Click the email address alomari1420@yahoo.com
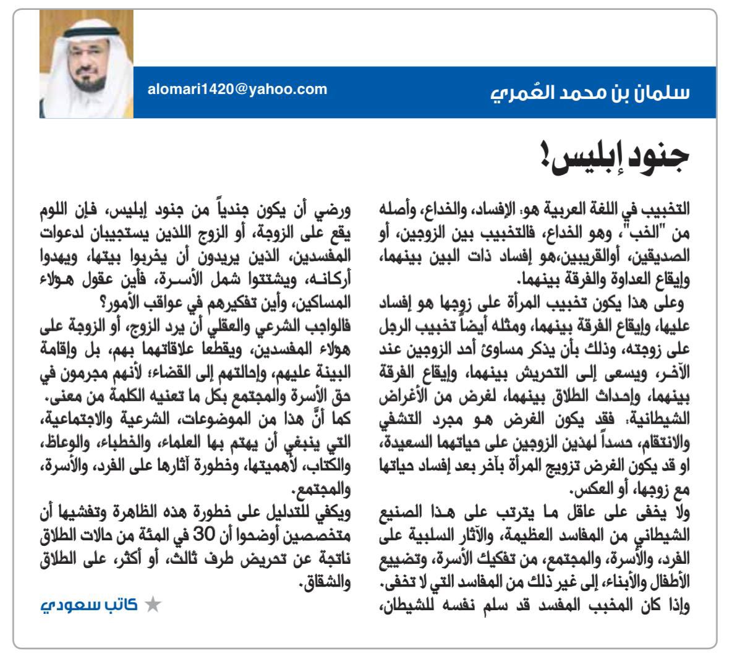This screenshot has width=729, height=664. click(x=237, y=89)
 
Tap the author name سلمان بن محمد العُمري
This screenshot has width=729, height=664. click(x=590, y=93)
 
